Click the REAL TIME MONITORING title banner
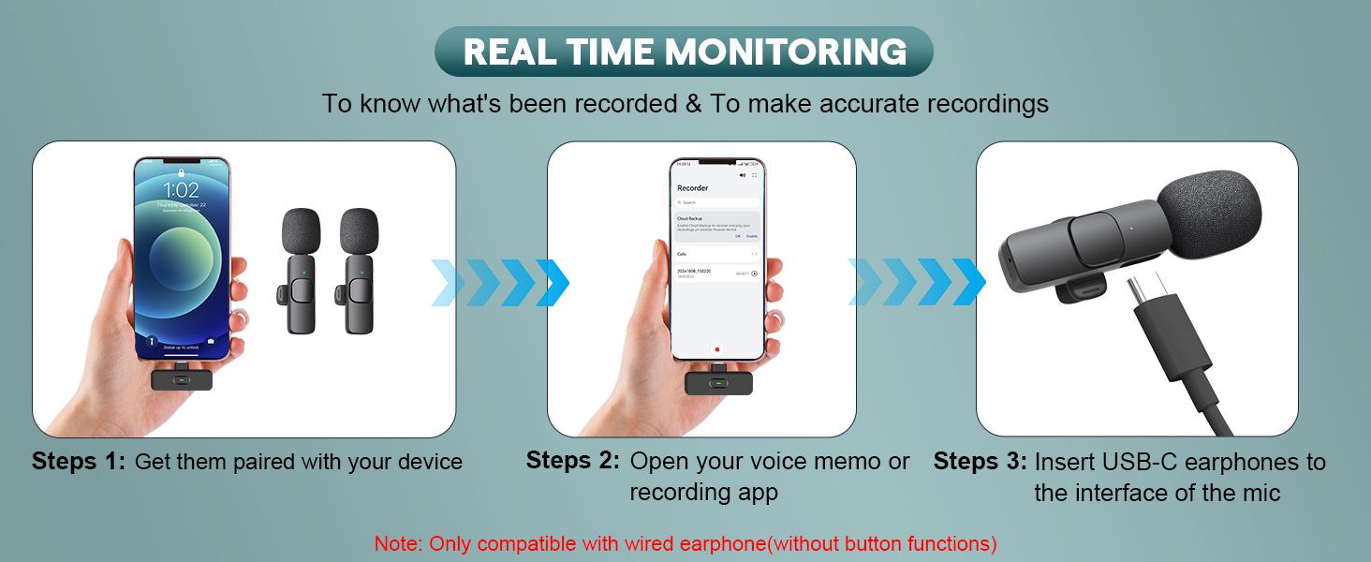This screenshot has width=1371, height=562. tap(685, 52)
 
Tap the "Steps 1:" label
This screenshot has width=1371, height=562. tap(79, 462)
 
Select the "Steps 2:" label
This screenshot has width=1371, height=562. tap(572, 461)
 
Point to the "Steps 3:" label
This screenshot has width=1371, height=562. tap(980, 462)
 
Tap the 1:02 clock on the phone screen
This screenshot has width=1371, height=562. tap(182, 190)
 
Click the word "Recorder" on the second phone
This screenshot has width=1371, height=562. tap(693, 188)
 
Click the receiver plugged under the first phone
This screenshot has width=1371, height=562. tap(182, 380)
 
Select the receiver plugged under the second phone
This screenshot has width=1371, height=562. tap(717, 383)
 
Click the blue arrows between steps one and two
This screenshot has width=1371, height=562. tap(500, 282)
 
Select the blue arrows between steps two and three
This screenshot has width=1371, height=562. tap(916, 282)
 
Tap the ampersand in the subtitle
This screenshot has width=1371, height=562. tap(693, 103)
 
